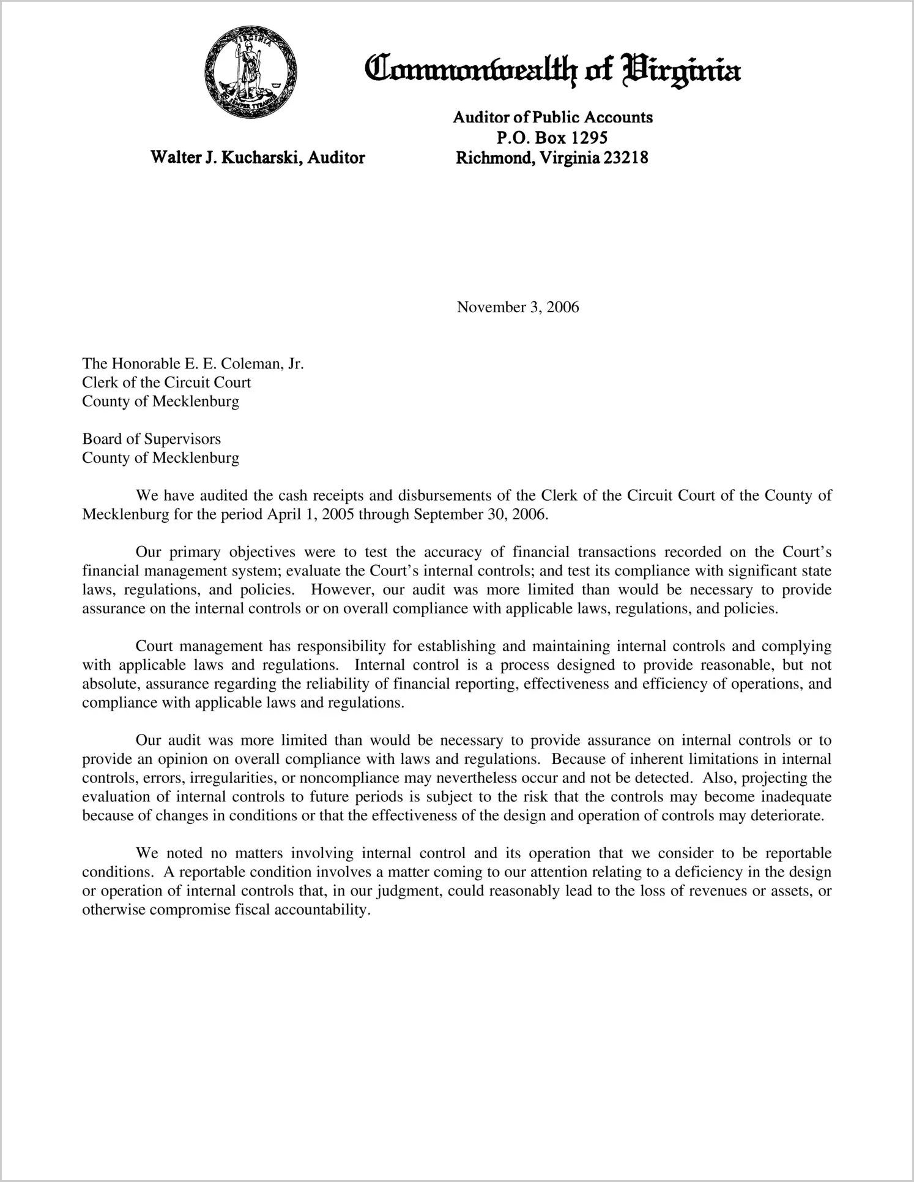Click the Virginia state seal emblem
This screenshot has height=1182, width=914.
pyautogui.click(x=251, y=72)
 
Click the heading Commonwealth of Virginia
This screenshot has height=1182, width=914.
pyautogui.click(x=552, y=72)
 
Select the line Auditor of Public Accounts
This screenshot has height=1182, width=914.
pyautogui.click(x=552, y=117)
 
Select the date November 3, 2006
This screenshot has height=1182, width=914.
pyautogui.click(x=518, y=307)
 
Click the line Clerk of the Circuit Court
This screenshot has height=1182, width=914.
pyautogui.click(x=166, y=383)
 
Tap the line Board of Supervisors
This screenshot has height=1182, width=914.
pyautogui.click(x=151, y=439)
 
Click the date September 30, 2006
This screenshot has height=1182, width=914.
pyautogui.click(x=480, y=514)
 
